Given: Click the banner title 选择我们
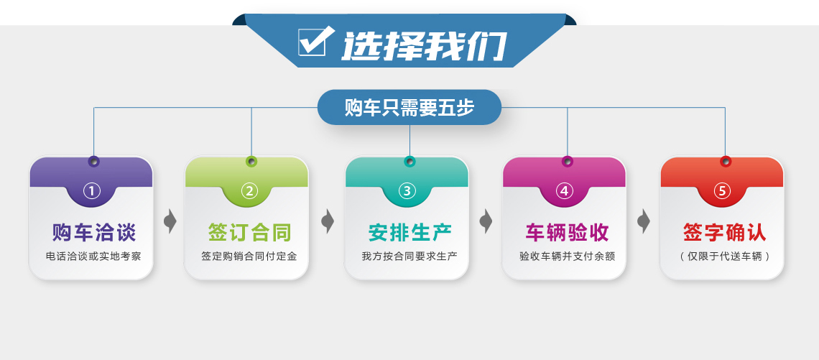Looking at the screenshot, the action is tap(424, 46).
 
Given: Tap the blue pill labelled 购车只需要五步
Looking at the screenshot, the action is tap(409, 107).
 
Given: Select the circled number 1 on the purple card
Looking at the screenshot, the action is tap(92, 191).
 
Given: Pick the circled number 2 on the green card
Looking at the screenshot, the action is tap(249, 191).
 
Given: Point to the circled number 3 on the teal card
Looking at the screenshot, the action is tap(407, 191).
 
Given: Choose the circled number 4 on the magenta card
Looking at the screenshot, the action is tap(565, 191).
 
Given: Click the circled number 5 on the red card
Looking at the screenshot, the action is tap(722, 191).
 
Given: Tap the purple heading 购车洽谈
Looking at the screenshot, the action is tap(94, 233).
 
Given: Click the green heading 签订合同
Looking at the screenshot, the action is tap(250, 233).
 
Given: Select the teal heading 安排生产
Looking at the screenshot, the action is tap(410, 233).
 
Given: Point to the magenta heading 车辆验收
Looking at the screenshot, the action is tap(568, 233).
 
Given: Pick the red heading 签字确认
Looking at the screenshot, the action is tap(725, 233).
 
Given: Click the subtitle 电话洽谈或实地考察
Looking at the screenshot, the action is tap(93, 257).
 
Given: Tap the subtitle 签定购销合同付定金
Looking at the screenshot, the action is tap(249, 257).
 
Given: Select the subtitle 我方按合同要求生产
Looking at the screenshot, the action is tap(409, 257).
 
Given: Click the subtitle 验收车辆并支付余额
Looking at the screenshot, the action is tap(568, 257).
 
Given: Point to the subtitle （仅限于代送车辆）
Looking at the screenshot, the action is tap(725, 257).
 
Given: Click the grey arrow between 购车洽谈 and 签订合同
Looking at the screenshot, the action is tap(170, 221).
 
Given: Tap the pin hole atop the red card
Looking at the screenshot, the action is tap(726, 162).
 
